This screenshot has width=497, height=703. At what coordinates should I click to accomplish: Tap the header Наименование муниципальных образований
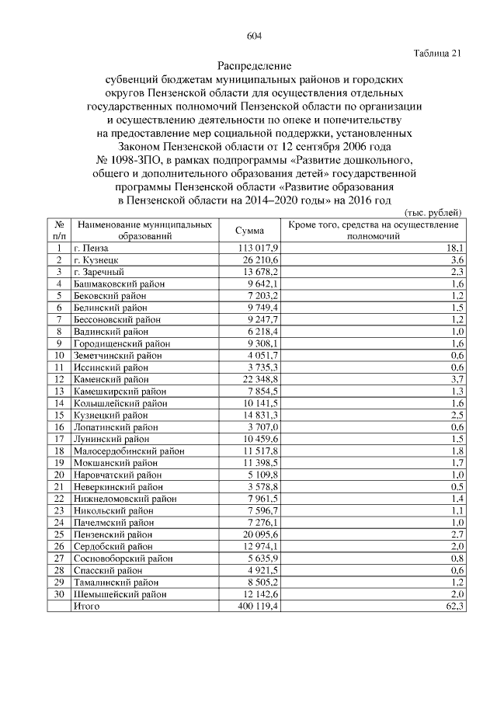click(x=144, y=230)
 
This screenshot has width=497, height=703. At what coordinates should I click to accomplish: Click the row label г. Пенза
click(x=92, y=248)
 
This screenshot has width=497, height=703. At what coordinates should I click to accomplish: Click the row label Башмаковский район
click(x=119, y=284)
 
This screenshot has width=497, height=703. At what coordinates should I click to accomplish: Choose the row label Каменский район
click(x=110, y=379)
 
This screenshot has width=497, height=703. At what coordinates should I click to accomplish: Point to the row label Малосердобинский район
click(x=128, y=451)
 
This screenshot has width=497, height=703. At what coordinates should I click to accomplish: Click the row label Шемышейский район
click(x=120, y=594)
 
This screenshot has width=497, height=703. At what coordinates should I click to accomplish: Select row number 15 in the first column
click(x=59, y=415)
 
